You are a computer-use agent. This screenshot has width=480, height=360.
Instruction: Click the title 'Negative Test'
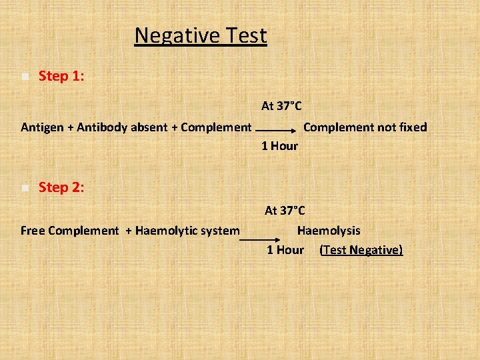200,35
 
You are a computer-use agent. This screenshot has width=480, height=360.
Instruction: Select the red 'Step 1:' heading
61,77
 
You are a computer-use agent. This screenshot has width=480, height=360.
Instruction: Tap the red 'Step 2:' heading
61,188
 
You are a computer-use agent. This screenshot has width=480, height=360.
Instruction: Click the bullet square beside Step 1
25,77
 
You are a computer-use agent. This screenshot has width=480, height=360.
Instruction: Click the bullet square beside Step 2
25,188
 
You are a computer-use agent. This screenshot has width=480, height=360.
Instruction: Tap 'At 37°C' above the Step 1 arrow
281,106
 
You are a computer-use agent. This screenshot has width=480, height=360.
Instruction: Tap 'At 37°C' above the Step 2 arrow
285,211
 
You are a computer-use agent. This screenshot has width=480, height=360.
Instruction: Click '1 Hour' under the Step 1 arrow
279,146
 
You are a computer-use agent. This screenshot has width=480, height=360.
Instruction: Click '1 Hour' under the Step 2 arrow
285,250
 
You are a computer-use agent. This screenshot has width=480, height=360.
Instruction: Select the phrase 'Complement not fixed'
365,127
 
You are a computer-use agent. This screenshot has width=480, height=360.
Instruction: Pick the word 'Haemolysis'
329,231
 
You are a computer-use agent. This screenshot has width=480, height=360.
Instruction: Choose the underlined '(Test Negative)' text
361,250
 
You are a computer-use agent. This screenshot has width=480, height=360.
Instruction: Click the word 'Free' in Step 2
33,231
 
